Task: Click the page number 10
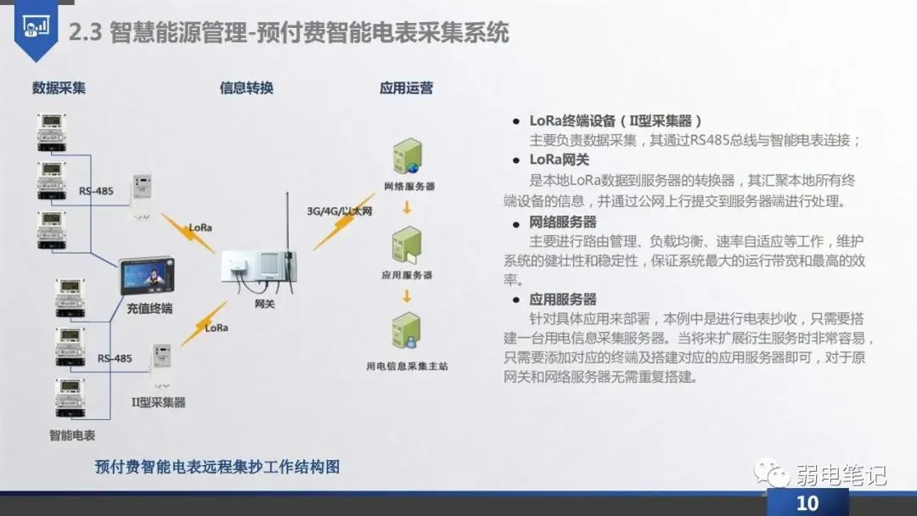(x=807, y=502)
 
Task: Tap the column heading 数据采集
(x=59, y=87)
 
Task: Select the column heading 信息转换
(x=246, y=87)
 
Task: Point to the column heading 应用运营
(x=406, y=87)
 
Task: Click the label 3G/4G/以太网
(x=340, y=210)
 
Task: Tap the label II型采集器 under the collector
(x=158, y=401)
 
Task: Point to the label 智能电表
(x=72, y=435)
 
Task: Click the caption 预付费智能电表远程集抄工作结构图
(x=217, y=467)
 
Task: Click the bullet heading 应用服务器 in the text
(x=563, y=300)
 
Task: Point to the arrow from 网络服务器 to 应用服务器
(x=408, y=207)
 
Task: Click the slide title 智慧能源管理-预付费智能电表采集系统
(x=309, y=32)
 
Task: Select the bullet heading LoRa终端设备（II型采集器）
(x=616, y=121)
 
